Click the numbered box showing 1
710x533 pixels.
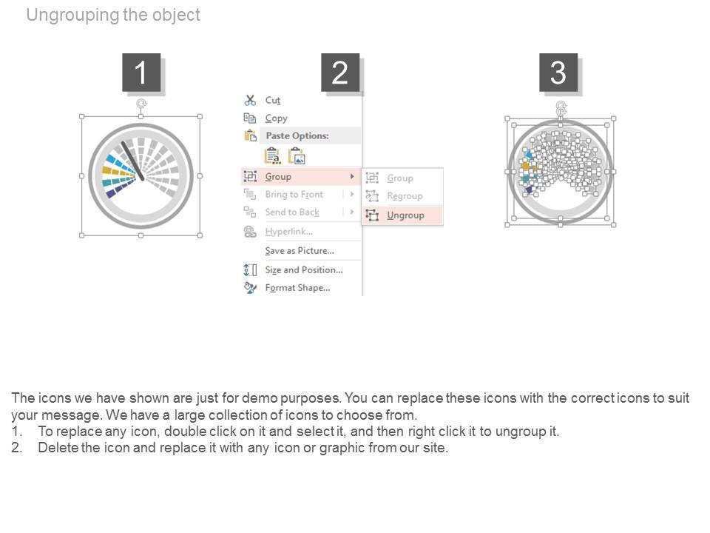tap(141, 73)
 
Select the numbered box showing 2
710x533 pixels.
tap(340, 73)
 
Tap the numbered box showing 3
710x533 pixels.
tap(558, 73)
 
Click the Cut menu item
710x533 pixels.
tap(273, 100)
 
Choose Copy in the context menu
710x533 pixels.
tap(276, 118)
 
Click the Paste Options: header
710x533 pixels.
tap(297, 135)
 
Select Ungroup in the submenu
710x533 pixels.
tap(405, 215)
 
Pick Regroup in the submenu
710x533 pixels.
tap(405, 196)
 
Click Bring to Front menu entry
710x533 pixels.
tap(294, 195)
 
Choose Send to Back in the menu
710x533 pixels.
tap(292, 212)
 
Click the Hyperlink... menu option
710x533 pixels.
tap(289, 232)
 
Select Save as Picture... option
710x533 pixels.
tap(300, 251)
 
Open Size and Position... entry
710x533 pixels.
tap(304, 269)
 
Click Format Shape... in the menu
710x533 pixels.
tap(297, 288)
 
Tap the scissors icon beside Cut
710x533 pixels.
tap(250, 100)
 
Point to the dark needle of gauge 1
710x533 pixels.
tap(132, 161)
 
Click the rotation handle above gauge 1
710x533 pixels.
tap(141, 104)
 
